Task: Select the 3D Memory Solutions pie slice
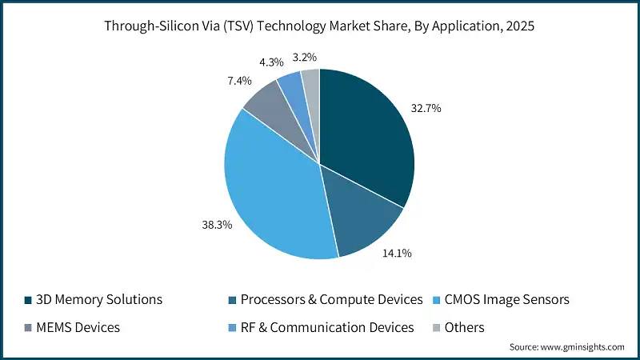pyautogui.click(x=364, y=136)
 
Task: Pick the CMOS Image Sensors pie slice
pyautogui.click(x=272, y=192)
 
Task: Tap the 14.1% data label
pyautogui.click(x=398, y=254)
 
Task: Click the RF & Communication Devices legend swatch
pyautogui.click(x=235, y=327)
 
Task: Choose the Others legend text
pyautogui.click(x=465, y=327)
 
